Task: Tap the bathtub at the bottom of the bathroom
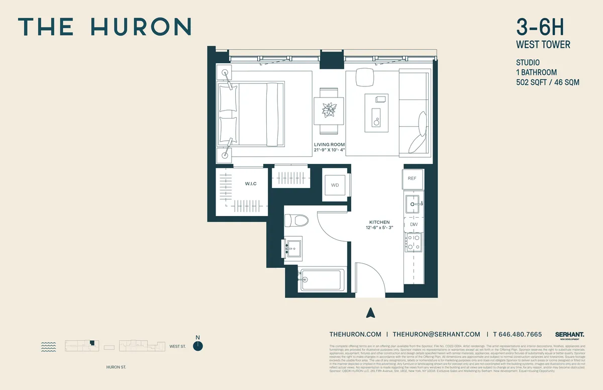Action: (x=322, y=279)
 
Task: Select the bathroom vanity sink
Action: (x=292, y=248)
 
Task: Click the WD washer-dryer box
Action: (x=335, y=185)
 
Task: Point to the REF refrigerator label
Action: (x=412, y=178)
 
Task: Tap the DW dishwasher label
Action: (x=414, y=224)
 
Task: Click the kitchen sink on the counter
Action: (x=413, y=204)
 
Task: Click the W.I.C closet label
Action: (x=251, y=184)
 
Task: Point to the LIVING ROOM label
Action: (x=330, y=145)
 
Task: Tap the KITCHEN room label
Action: (x=379, y=222)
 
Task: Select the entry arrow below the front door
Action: (x=371, y=313)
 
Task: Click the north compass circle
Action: (x=199, y=346)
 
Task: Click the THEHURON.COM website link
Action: (x=355, y=334)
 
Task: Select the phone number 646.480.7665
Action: (x=521, y=334)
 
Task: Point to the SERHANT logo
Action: (x=569, y=334)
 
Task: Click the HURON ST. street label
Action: (x=117, y=367)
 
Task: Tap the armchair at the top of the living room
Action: (x=365, y=77)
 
